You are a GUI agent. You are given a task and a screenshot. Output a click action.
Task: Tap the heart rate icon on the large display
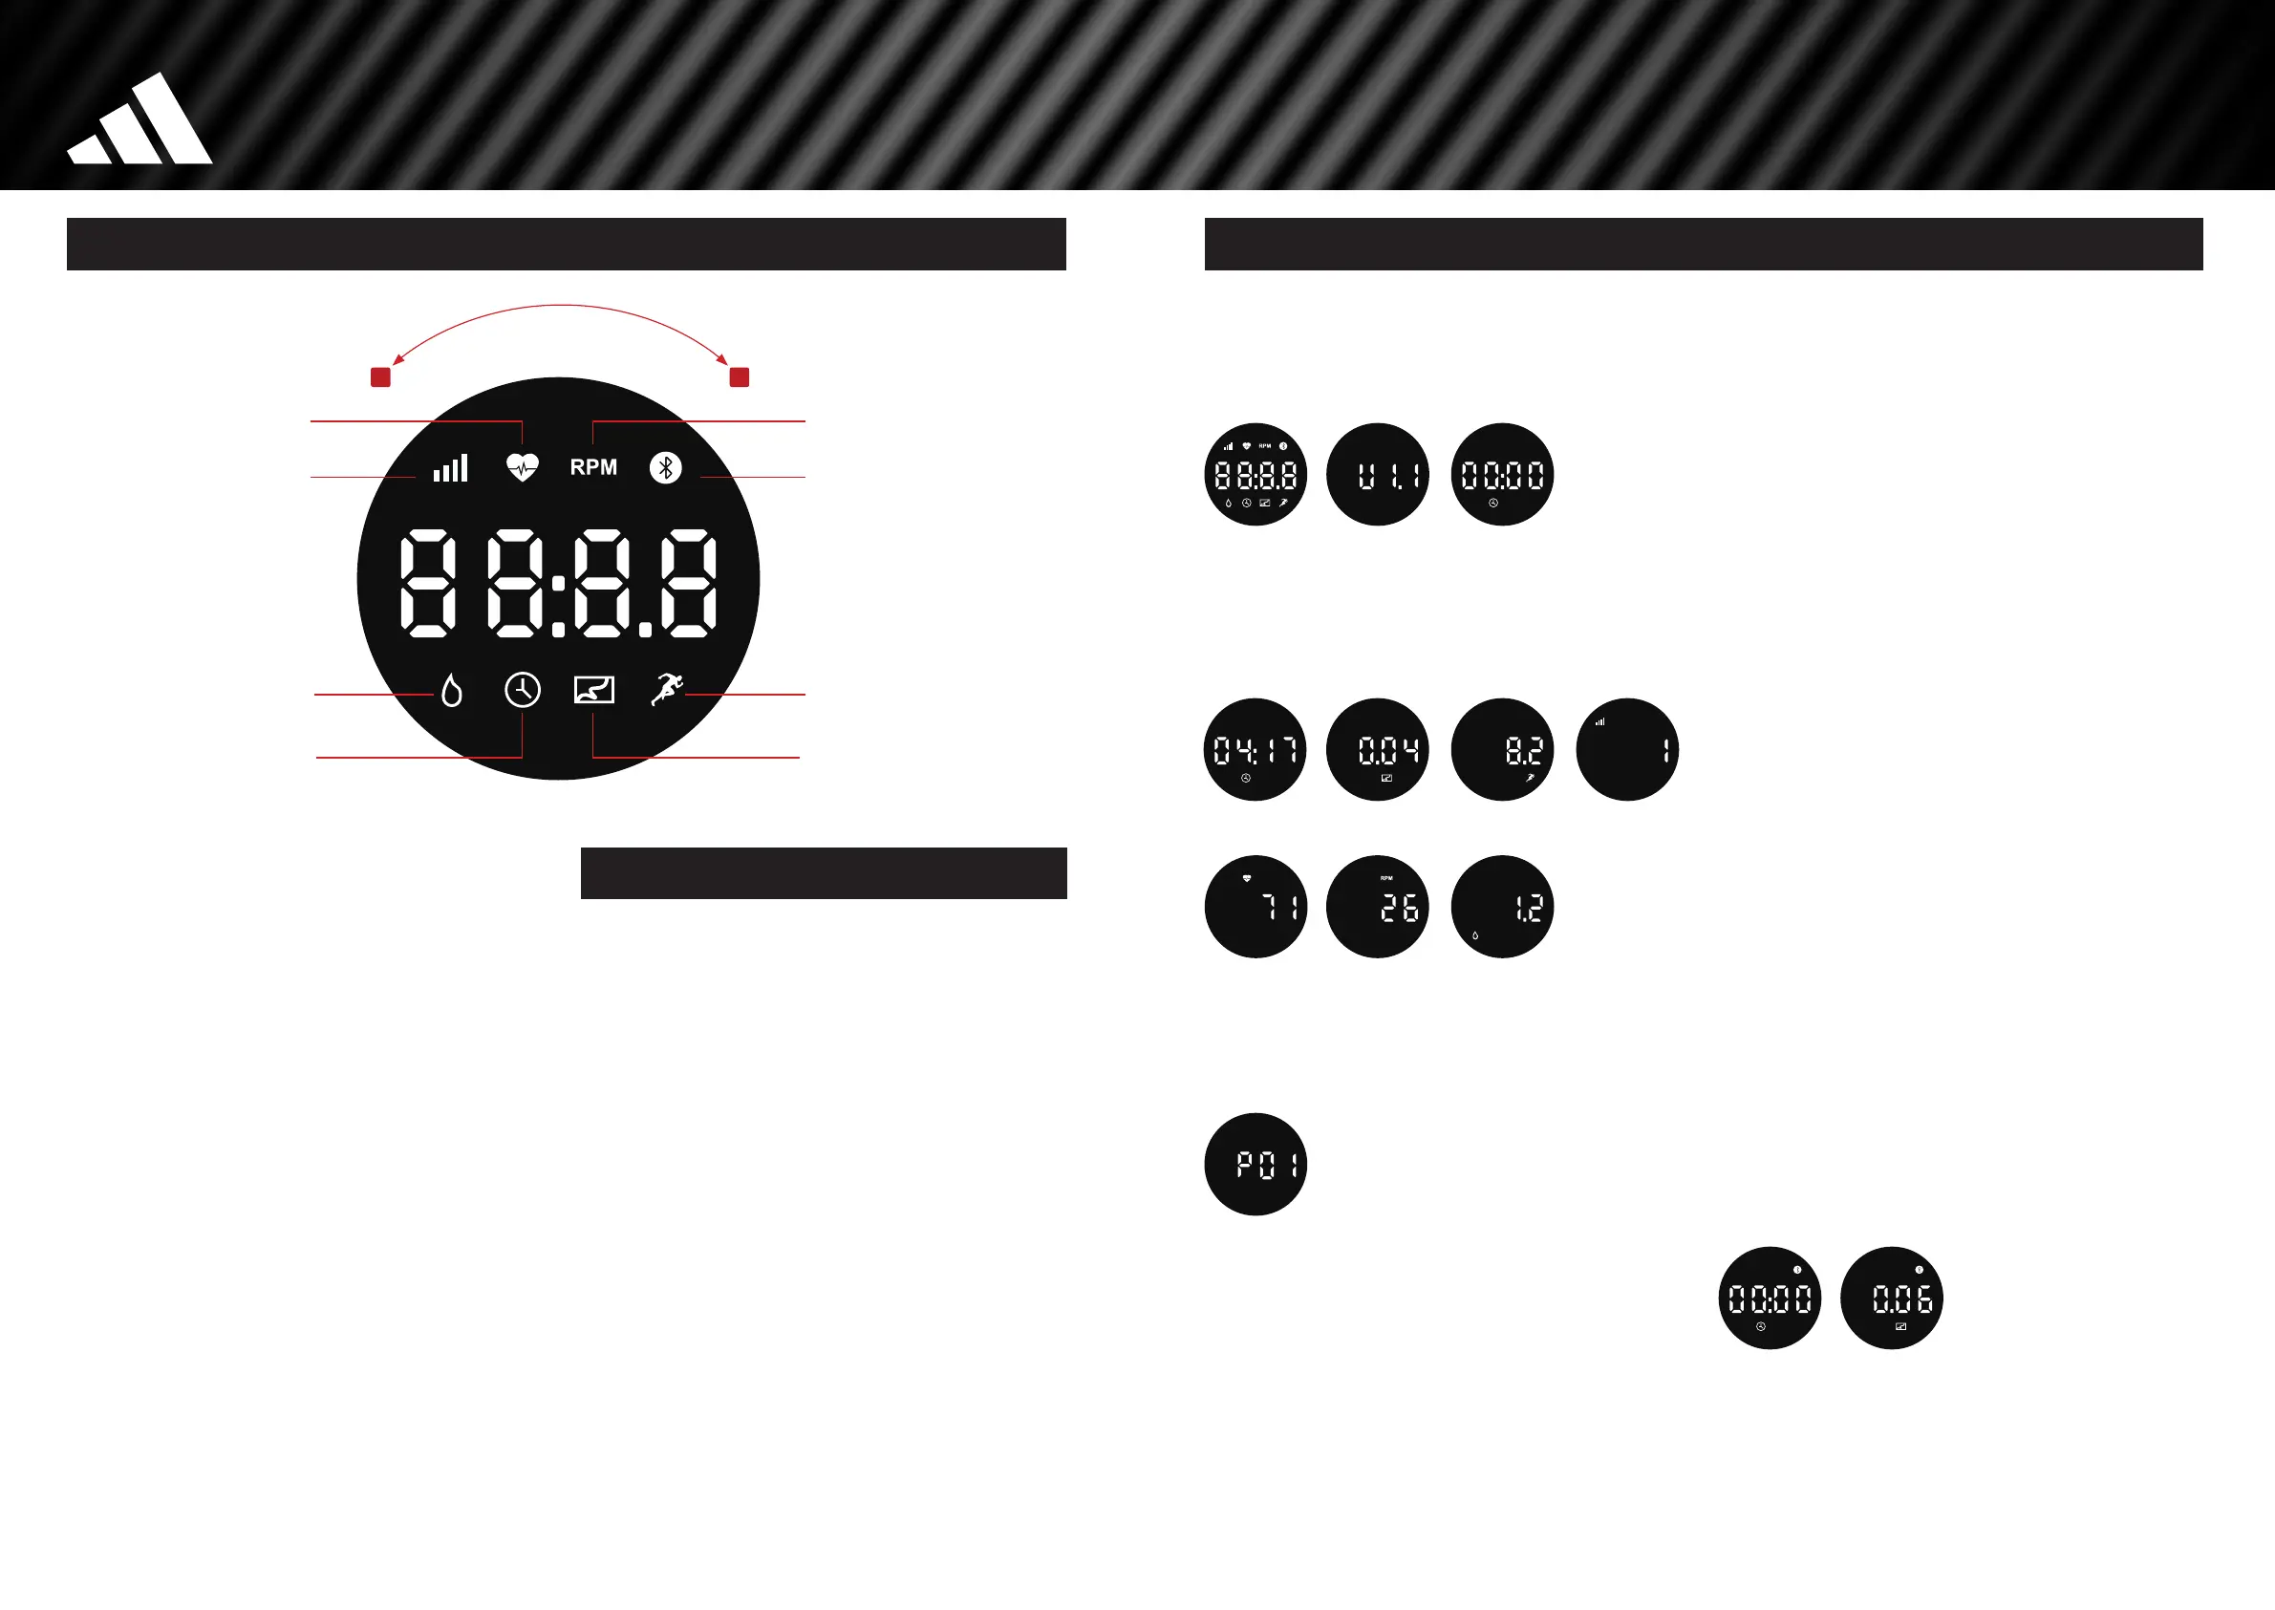pyautogui.click(x=523, y=467)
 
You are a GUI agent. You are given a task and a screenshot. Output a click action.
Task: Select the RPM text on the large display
pyautogui.click(x=592, y=467)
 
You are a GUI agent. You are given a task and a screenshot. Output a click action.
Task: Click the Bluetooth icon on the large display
pyautogui.click(x=665, y=467)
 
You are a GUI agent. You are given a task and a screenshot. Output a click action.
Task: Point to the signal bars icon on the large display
pyautogui.click(x=451, y=468)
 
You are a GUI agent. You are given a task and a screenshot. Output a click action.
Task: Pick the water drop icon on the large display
pyautogui.click(x=452, y=690)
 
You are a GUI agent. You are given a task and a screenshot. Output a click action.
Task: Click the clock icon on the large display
pyautogui.click(x=523, y=690)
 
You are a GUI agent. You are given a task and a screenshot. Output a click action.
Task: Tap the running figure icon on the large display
pyautogui.click(x=667, y=689)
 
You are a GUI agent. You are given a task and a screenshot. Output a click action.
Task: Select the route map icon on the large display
pyautogui.click(x=593, y=690)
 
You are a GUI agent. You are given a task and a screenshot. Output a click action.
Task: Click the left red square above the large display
pyautogui.click(x=380, y=376)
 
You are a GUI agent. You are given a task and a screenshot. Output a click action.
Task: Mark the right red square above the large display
pyautogui.click(x=740, y=376)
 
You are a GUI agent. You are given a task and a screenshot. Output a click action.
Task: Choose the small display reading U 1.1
pyautogui.click(x=1377, y=475)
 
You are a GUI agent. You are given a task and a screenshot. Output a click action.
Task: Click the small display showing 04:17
pyautogui.click(x=1255, y=749)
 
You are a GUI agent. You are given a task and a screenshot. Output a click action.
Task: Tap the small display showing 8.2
pyautogui.click(x=1502, y=749)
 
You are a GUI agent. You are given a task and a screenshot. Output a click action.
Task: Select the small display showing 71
pyautogui.click(x=1255, y=906)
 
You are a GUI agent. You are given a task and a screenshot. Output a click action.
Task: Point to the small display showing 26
pyautogui.click(x=1377, y=906)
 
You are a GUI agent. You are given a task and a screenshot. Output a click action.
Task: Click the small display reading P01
pyautogui.click(x=1255, y=1164)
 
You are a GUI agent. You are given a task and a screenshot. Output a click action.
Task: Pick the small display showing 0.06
pyautogui.click(x=1890, y=1298)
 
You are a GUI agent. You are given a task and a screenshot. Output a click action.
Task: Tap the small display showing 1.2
pyautogui.click(x=1502, y=906)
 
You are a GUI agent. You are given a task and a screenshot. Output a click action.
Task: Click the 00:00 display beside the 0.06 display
pyautogui.click(x=1769, y=1298)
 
